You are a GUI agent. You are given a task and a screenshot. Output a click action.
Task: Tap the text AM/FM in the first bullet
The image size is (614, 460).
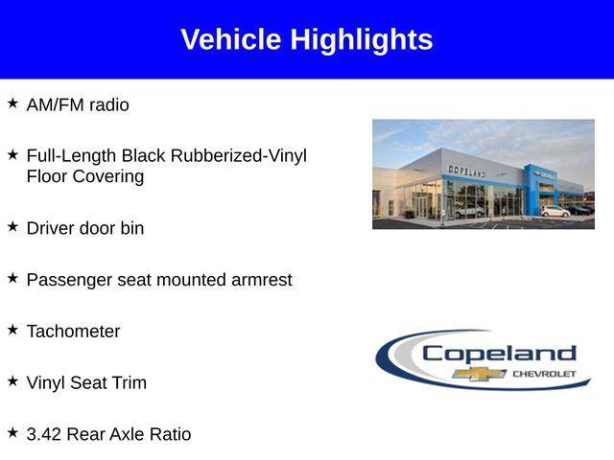[56, 105]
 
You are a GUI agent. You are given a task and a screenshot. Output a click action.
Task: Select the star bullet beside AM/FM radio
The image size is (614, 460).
[12, 103]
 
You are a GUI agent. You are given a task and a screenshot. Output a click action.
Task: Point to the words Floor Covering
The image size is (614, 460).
[85, 177]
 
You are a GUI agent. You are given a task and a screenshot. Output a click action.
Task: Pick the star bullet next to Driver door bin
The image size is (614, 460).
[12, 226]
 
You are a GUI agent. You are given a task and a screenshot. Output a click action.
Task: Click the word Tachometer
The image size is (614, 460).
[74, 332]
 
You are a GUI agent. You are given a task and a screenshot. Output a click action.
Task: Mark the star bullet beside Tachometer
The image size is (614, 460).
[12, 329]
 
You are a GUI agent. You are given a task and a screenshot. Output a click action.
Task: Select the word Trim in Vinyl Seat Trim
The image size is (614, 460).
[130, 383]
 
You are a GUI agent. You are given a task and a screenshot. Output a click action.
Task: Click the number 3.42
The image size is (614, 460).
[44, 435]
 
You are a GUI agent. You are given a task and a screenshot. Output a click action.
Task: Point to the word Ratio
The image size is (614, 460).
[170, 435]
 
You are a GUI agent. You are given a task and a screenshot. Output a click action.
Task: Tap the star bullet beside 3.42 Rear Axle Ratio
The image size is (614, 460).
[12, 432]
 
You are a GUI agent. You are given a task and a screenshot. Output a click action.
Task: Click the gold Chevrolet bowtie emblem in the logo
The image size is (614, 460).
[480, 373]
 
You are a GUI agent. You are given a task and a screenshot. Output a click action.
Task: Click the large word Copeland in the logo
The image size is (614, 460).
[499, 353]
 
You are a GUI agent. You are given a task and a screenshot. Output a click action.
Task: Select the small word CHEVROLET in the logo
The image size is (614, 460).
[544, 373]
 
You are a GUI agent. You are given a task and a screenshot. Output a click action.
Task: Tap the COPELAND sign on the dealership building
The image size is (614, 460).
[467, 171]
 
